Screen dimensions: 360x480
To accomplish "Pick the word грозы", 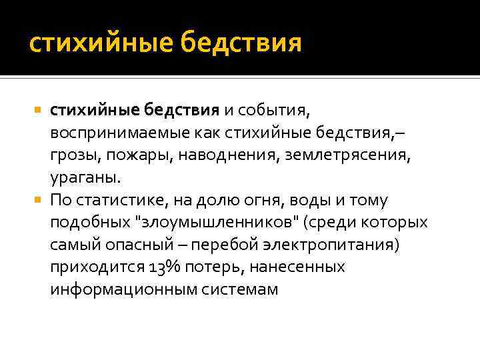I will tap(70, 155).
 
